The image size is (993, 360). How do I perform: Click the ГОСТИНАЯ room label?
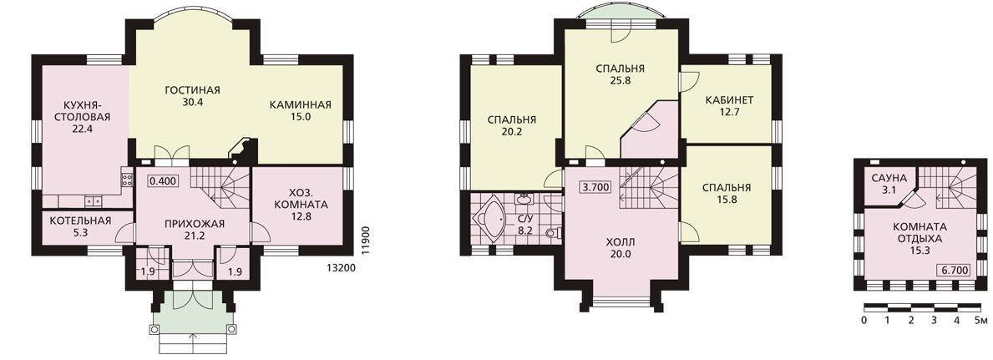click(x=187, y=89)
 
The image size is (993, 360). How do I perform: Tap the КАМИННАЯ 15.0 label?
click(x=300, y=110)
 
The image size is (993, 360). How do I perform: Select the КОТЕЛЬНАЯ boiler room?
click(x=80, y=226)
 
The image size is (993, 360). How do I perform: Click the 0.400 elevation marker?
click(x=163, y=180)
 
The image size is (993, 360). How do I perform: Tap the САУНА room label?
click(x=885, y=180)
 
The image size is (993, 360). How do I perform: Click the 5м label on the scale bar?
click(x=980, y=320)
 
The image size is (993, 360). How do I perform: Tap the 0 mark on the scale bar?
click(x=864, y=320)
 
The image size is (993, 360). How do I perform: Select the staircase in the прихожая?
click(x=221, y=185)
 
